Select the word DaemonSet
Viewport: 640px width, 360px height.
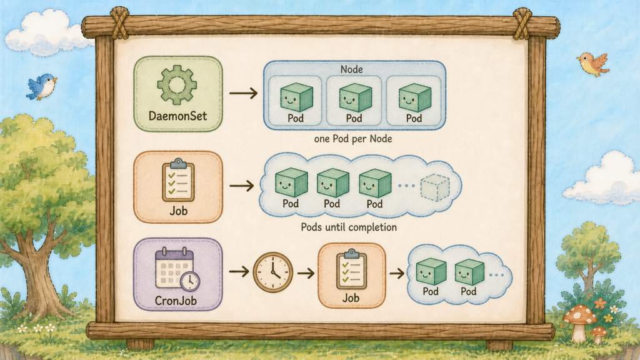[x=178, y=116]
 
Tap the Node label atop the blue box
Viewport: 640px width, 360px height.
[x=352, y=69]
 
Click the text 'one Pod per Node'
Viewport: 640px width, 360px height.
[x=353, y=139]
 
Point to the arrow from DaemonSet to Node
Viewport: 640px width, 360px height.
[x=243, y=93]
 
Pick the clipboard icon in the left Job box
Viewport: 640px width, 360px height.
[x=178, y=180]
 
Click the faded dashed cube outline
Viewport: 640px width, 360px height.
[x=435, y=187]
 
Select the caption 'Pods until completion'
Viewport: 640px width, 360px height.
[x=349, y=227]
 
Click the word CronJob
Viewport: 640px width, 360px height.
[x=176, y=301]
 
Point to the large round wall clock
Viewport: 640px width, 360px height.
[x=273, y=272]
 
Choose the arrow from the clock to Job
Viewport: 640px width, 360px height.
[x=306, y=272]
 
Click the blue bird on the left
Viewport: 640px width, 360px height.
[x=42, y=86]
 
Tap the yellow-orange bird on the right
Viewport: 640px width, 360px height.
[x=593, y=64]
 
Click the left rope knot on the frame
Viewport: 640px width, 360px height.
[x=119, y=23]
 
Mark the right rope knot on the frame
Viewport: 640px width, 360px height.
[x=522, y=24]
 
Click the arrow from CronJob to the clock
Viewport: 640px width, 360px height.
[x=239, y=271]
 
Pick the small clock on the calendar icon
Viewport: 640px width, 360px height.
[x=190, y=281]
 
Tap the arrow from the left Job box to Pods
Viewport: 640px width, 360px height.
[x=242, y=186]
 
